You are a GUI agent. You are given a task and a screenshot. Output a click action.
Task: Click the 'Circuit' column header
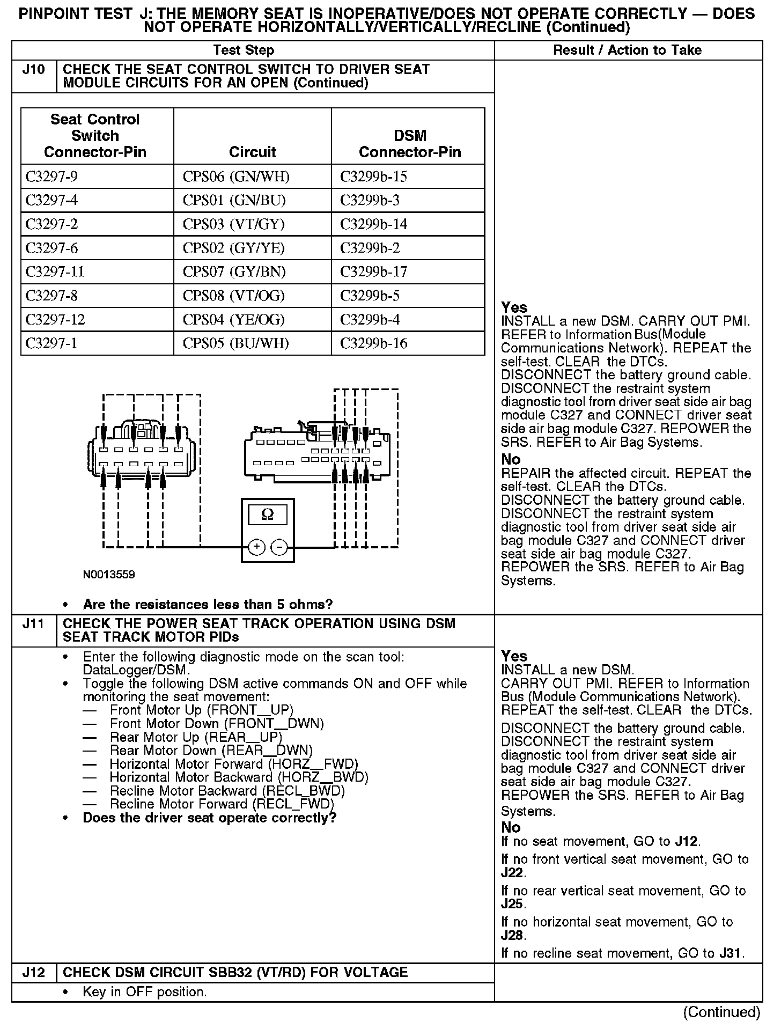pyautogui.click(x=252, y=152)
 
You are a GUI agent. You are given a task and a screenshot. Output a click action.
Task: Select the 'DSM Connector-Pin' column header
pyautogui.click(x=410, y=144)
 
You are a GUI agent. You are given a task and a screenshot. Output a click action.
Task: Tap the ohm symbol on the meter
pyautogui.click(x=267, y=515)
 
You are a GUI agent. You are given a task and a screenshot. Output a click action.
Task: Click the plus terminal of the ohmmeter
pyautogui.click(x=257, y=547)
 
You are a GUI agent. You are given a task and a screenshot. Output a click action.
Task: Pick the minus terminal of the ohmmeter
pyautogui.click(x=279, y=547)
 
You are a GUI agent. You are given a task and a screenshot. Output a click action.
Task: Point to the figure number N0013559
pyautogui.click(x=109, y=575)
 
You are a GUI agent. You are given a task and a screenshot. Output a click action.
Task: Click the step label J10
pyautogui.click(x=33, y=70)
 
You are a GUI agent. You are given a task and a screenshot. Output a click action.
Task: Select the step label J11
pyautogui.click(x=33, y=624)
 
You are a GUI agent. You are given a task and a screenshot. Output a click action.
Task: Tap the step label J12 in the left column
pyautogui.click(x=33, y=972)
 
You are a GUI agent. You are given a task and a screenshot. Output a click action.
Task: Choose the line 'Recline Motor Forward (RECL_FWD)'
pyautogui.click(x=222, y=804)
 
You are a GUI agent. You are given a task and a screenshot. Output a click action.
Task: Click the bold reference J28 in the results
pyautogui.click(x=512, y=935)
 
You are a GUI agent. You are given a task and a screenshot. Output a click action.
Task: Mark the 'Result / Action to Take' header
pyautogui.click(x=627, y=50)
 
